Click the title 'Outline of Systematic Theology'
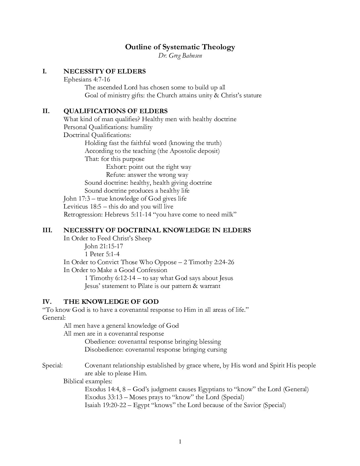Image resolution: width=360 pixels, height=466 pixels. point(180,47)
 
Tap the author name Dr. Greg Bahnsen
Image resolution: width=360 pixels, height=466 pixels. point(180,56)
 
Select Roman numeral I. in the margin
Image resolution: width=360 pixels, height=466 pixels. point(44,71)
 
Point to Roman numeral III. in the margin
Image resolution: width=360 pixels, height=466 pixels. point(47,230)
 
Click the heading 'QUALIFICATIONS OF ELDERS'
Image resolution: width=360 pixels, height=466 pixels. point(115,111)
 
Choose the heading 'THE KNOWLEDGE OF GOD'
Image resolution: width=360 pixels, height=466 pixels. point(111,302)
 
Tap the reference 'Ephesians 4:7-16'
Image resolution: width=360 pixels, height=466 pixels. point(87,79)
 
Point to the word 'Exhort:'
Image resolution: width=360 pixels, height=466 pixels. point(116,167)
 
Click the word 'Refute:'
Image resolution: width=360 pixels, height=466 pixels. point(116,175)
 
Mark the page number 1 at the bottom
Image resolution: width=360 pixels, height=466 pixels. point(180,442)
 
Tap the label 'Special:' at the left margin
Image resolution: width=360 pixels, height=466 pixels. point(52,365)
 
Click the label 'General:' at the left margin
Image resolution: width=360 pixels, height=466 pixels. point(54,318)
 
